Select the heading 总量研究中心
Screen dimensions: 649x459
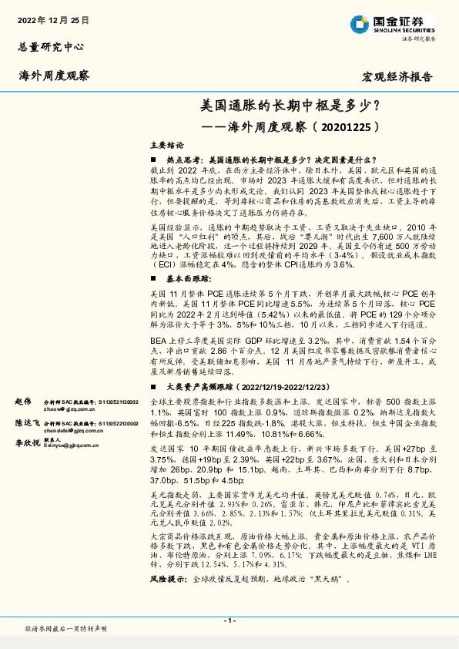click(x=50, y=46)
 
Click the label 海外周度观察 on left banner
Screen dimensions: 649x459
click(x=54, y=76)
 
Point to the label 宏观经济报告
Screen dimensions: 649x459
click(x=397, y=77)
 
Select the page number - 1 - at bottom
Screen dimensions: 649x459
click(x=229, y=620)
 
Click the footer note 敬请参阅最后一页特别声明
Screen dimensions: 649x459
click(x=66, y=629)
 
